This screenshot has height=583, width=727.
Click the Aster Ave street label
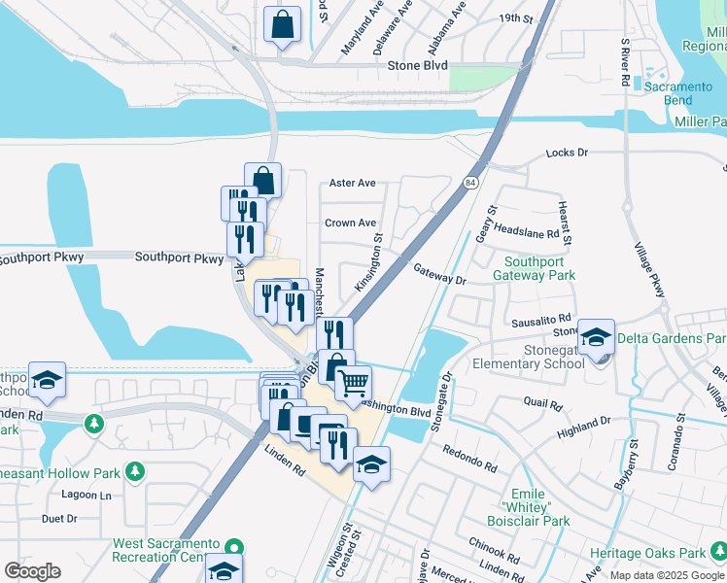[x=352, y=183]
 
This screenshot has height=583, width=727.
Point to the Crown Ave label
[x=350, y=223]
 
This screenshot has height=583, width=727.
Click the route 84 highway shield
[x=470, y=182]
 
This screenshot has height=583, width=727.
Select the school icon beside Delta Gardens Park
[x=596, y=337]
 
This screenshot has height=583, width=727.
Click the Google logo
[x=32, y=571]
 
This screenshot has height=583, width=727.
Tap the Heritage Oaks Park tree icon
[x=718, y=553]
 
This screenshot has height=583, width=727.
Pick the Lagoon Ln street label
[x=87, y=495]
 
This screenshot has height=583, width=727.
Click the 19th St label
[x=515, y=17]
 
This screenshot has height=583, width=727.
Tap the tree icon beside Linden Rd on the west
[x=93, y=424]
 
